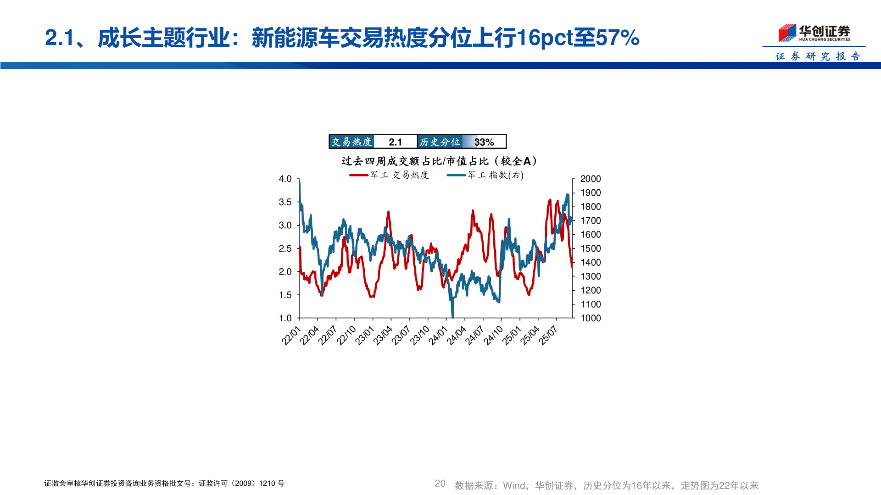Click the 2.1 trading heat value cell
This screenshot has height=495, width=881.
pyautogui.click(x=395, y=142)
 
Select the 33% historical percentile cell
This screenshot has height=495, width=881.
pyautogui.click(x=484, y=142)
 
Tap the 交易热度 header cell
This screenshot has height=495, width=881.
pyautogui.click(x=351, y=142)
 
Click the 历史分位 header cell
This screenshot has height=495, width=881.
pyautogui.click(x=440, y=142)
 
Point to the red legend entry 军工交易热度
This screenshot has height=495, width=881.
pyautogui.click(x=389, y=175)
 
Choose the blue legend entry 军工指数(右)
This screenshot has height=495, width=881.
pyautogui.click(x=485, y=175)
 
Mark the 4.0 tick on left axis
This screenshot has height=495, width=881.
pyautogui.click(x=285, y=179)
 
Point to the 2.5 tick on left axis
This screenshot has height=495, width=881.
pyautogui.click(x=285, y=248)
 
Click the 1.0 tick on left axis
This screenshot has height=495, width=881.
pyautogui.click(x=285, y=318)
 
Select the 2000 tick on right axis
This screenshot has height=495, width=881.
pyautogui.click(x=591, y=179)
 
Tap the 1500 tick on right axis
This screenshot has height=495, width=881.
pyautogui.click(x=591, y=248)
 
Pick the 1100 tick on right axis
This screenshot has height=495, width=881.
pyautogui.click(x=591, y=304)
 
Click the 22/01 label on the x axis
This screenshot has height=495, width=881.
pyautogui.click(x=291, y=335)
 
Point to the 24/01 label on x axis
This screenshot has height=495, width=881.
pyautogui.click(x=438, y=335)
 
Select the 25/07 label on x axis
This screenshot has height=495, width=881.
pyautogui.click(x=548, y=335)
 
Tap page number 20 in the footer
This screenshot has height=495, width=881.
pyautogui.click(x=440, y=484)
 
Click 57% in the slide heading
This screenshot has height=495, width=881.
pyautogui.click(x=617, y=38)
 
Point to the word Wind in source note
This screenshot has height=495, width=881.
pyautogui.click(x=514, y=485)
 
